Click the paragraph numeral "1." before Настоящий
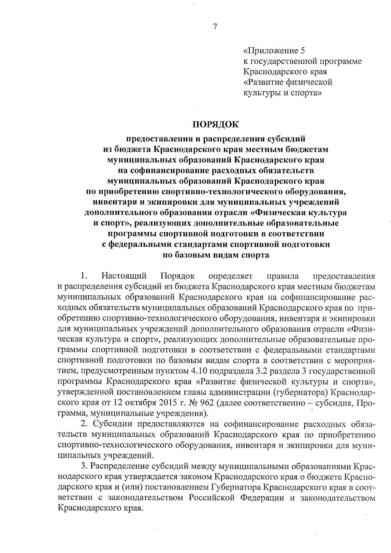[84, 276]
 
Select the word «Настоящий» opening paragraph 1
[124, 276]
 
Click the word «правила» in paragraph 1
[282, 276]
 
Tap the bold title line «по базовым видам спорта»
[215, 255]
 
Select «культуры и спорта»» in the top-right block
[282, 93]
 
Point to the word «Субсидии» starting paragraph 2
[113, 424]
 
